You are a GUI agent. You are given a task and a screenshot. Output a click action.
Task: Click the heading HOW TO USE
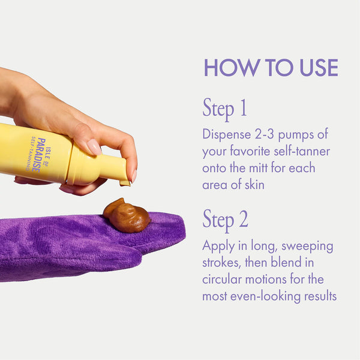point(271,67)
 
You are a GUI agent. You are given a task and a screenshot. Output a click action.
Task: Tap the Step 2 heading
point(226,220)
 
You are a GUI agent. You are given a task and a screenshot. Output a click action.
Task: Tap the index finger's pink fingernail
point(94,146)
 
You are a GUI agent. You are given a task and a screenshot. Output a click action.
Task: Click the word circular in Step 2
point(223,280)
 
